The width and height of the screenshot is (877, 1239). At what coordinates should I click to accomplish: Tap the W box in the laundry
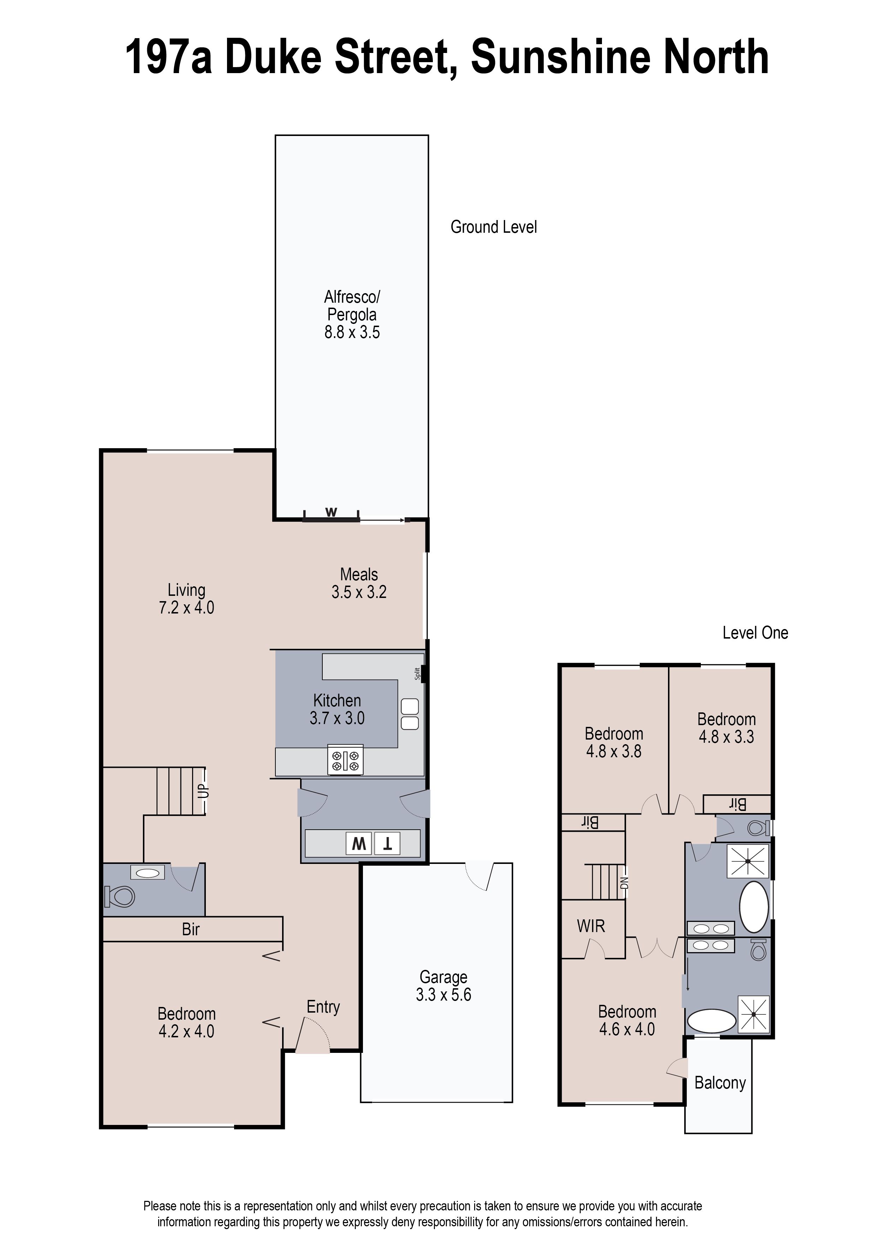pos(359,844)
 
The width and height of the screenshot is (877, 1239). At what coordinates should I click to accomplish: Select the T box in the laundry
pos(387,844)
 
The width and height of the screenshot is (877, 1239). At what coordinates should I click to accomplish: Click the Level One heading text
pos(755,633)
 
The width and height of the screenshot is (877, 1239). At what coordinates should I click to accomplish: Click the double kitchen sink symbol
pos(410,714)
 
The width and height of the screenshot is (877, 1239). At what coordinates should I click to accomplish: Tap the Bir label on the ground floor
pos(191,930)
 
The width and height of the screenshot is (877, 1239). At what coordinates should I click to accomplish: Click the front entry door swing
pos(313,1035)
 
